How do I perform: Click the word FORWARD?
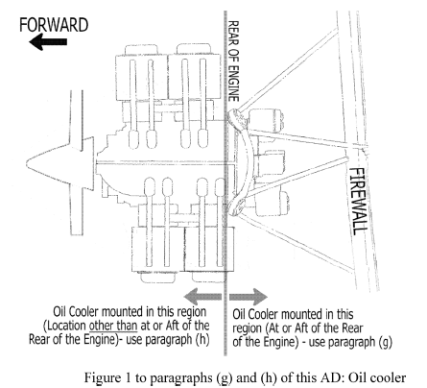click(x=54, y=25)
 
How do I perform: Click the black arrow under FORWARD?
click(x=48, y=42)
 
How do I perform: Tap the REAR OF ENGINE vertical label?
click(x=233, y=61)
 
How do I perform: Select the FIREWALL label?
click(x=358, y=201)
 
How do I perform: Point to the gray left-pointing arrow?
click(x=203, y=297)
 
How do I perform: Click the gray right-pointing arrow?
click(x=249, y=297)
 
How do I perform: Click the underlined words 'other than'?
click(x=113, y=326)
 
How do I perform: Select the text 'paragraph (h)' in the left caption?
click(x=178, y=340)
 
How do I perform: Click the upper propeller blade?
click(x=77, y=119)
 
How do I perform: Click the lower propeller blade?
click(x=77, y=209)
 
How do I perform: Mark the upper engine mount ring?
click(x=237, y=118)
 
